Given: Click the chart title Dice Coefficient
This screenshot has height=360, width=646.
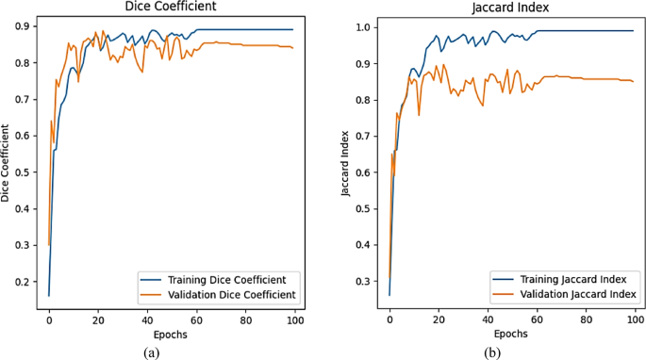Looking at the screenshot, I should tap(173, 8).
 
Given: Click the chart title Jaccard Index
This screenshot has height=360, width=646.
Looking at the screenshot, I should tap(512, 8).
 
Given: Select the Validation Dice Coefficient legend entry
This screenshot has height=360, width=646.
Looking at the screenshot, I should tap(222, 295).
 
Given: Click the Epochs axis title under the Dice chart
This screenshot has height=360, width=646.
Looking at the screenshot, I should tap(172, 334).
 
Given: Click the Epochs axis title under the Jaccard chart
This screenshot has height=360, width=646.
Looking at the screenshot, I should tap(512, 334).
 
